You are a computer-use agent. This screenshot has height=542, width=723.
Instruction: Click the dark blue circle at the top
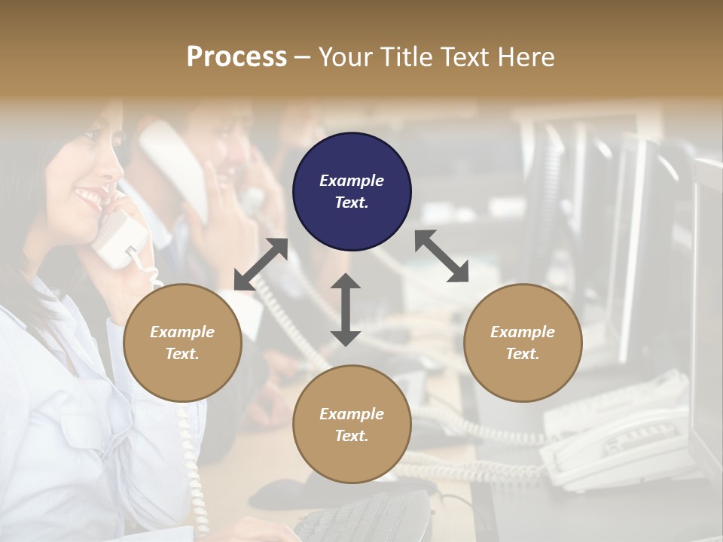[352, 191]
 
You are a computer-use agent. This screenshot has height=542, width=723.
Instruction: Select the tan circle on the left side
[182, 343]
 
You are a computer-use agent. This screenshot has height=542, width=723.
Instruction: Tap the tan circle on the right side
[523, 343]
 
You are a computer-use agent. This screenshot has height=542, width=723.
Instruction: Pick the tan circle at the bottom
[352, 424]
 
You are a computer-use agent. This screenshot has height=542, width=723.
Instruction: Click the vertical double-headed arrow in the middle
[346, 309]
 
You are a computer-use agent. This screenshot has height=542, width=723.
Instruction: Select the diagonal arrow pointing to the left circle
[261, 264]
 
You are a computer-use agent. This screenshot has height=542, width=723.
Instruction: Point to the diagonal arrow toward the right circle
[441, 256]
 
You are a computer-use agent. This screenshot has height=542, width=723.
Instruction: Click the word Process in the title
[236, 56]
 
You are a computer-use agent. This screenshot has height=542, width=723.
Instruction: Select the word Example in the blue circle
[352, 181]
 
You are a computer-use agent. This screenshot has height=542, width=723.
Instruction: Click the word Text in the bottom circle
[352, 436]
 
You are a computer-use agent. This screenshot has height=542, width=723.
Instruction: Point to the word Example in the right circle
[523, 332]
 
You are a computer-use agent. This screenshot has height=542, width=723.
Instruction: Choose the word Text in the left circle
[182, 354]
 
